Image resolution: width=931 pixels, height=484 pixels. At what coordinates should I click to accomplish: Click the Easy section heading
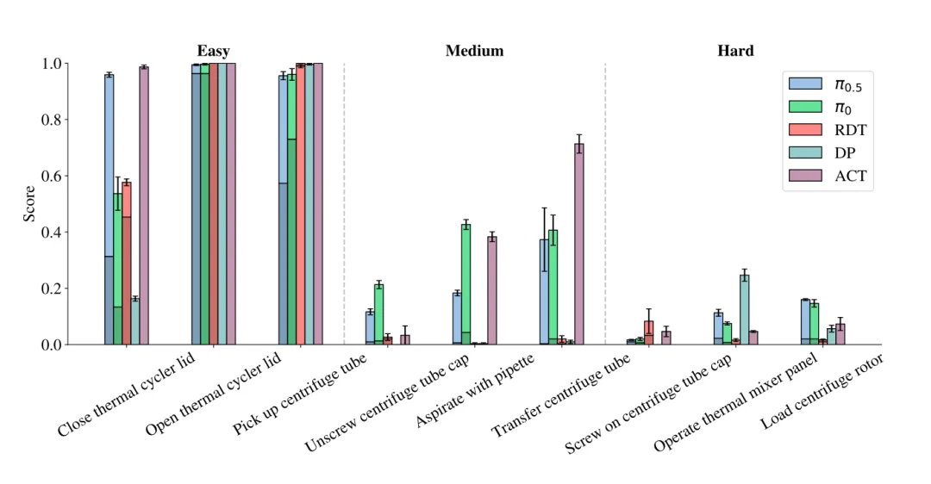pyautogui.click(x=213, y=51)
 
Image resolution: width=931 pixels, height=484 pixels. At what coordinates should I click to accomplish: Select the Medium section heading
pyautogui.click(x=474, y=51)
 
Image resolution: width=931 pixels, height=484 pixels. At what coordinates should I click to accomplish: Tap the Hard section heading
pyautogui.click(x=735, y=51)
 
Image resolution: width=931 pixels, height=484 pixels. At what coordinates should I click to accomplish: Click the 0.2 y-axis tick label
pyautogui.click(x=53, y=289)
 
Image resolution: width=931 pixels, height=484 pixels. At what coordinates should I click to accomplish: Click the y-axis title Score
pyautogui.click(x=29, y=204)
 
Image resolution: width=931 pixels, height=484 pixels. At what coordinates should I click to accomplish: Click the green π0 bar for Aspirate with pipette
pyautogui.click(x=465, y=284)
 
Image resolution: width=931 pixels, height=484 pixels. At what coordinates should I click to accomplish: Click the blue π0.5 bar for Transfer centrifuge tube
pyautogui.click(x=544, y=293)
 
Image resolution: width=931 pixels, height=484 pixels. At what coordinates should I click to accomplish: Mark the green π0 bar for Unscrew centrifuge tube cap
pyautogui.click(x=378, y=314)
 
